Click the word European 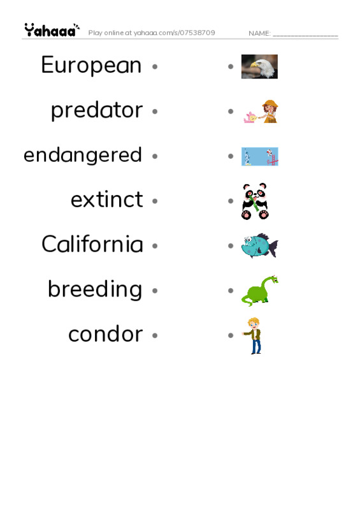[x=91, y=65]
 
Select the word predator [x=96, y=110]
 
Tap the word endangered [x=82, y=155]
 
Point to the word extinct [x=106, y=200]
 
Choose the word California [x=92, y=244]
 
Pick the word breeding [x=95, y=289]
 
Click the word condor [x=105, y=334]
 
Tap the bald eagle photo [x=259, y=66]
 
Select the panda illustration [x=256, y=201]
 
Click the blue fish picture [x=259, y=246]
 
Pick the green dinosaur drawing [x=259, y=291]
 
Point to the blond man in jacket [x=254, y=335]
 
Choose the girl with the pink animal [x=261, y=112]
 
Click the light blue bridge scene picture [x=259, y=156]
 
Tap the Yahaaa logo [x=52, y=30]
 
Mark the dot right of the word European [x=154, y=66]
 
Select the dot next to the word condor [x=154, y=335]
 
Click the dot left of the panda [x=231, y=200]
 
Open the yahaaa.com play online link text [x=152, y=33]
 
